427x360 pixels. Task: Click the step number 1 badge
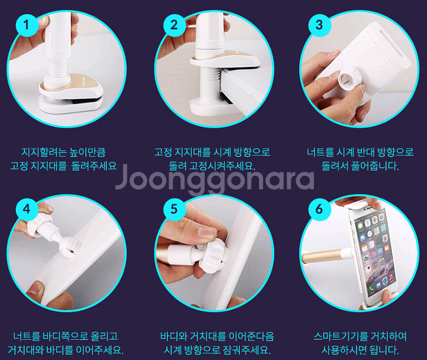point(27,24)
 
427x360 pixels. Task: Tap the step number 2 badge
point(174,24)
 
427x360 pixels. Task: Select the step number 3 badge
point(319,24)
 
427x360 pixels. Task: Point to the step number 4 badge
point(27,209)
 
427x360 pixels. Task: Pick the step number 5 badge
point(174,209)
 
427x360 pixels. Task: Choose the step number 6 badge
point(319,209)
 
